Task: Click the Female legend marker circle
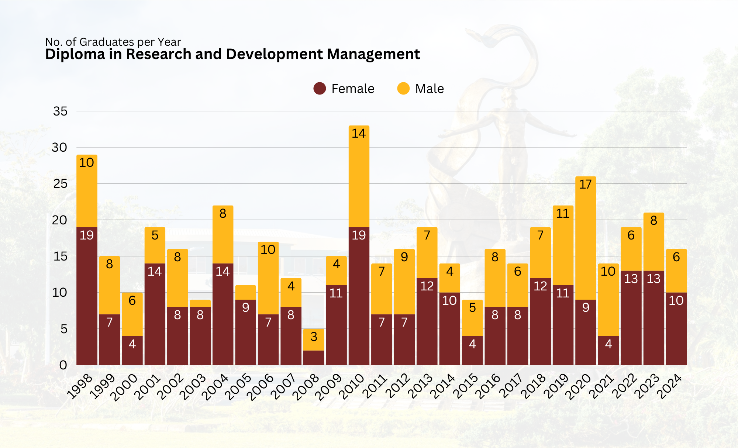(320, 89)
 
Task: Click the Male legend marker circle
(403, 89)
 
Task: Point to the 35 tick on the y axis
(61, 111)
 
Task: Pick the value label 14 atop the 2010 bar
(359, 133)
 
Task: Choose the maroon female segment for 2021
(608, 351)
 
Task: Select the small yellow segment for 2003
(200, 303)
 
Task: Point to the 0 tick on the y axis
(63, 365)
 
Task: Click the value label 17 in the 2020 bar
(586, 184)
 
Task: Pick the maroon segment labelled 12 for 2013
(427, 321)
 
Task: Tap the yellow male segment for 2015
(472, 318)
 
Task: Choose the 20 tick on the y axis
(59, 220)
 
